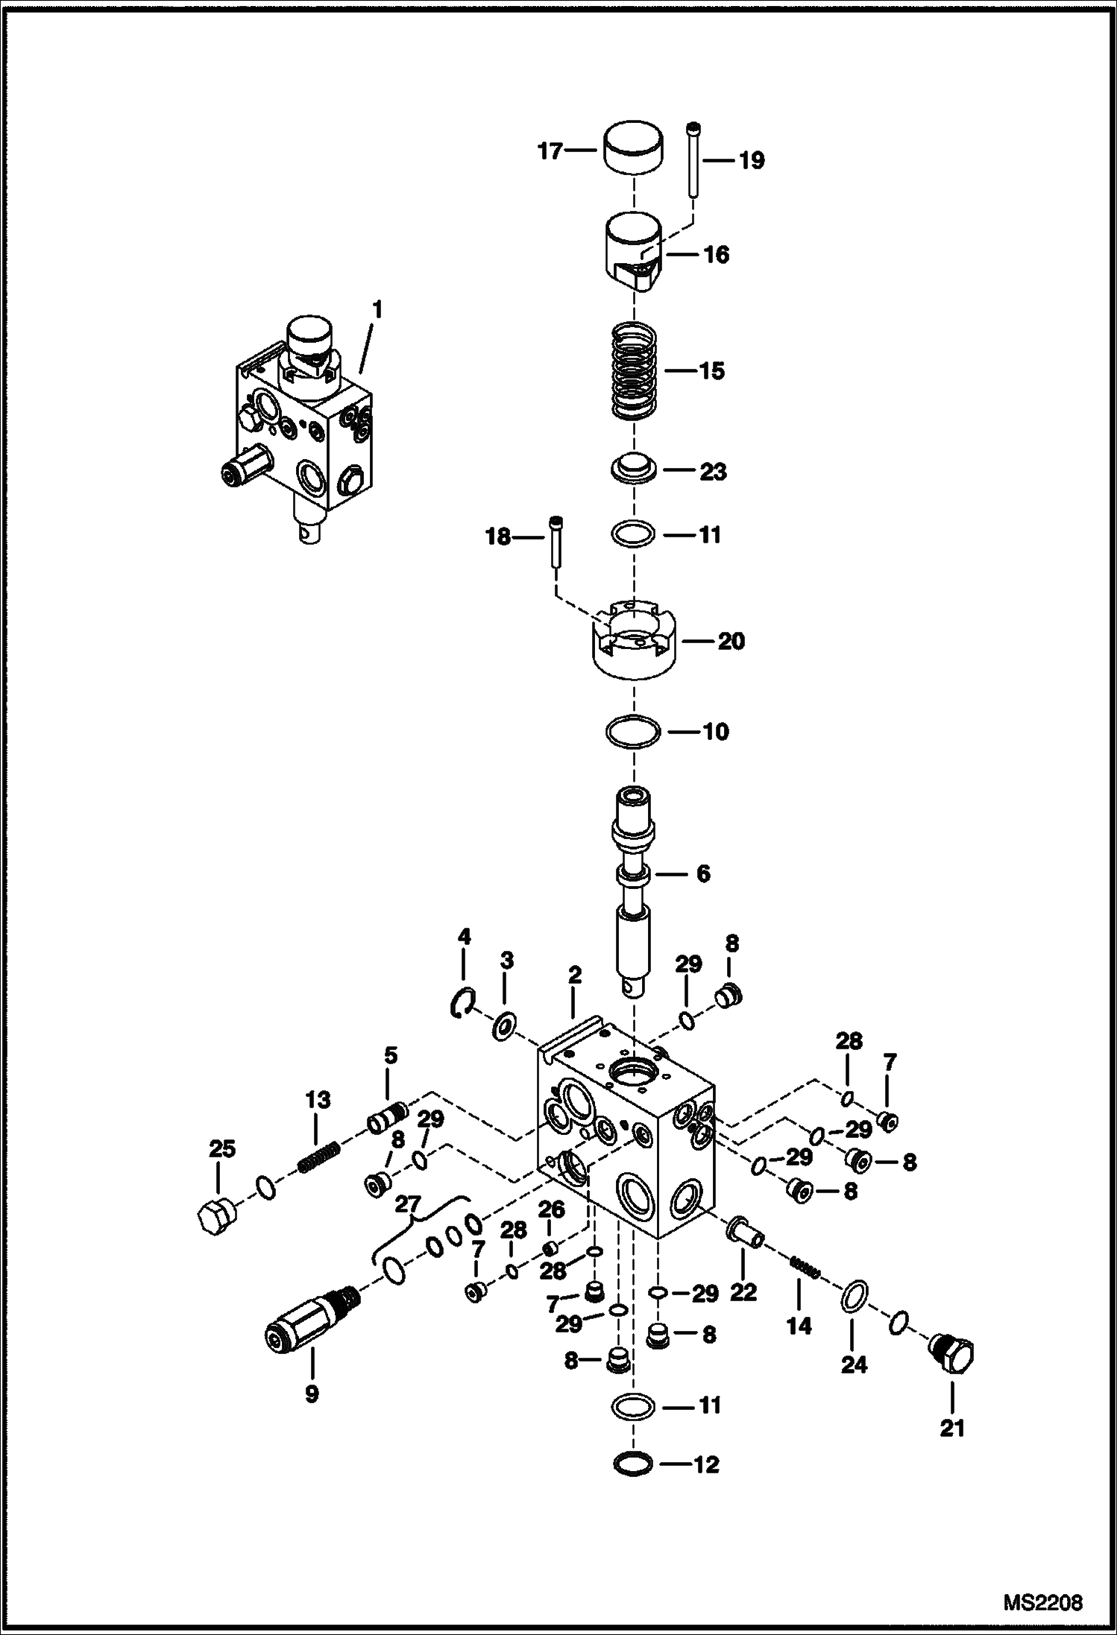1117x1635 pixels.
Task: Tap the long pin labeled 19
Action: click(693, 159)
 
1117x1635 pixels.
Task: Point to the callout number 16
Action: click(716, 255)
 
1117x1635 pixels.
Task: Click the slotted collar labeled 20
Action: click(632, 641)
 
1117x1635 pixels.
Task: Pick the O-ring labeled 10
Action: click(633, 732)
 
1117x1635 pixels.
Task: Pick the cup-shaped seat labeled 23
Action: click(633, 470)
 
